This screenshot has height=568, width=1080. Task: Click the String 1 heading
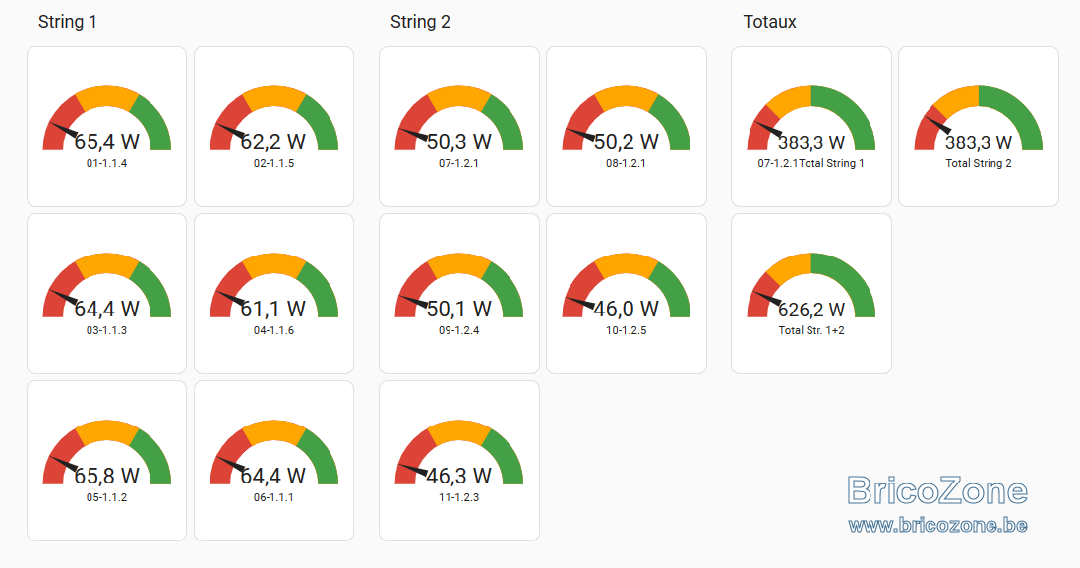tap(68, 22)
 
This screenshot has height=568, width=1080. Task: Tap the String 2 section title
tap(420, 22)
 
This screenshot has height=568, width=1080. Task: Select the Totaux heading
tap(769, 22)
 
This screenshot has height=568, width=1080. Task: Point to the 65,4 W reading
tap(107, 142)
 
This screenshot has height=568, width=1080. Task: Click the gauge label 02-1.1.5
tap(274, 164)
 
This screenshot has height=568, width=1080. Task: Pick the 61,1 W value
tap(273, 310)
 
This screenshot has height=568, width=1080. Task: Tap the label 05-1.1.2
tap(107, 498)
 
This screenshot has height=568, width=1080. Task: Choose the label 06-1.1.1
tap(273, 498)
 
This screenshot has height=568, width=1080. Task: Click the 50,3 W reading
tap(458, 142)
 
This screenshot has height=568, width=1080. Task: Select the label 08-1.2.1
tap(627, 164)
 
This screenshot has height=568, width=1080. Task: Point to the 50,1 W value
tap(458, 310)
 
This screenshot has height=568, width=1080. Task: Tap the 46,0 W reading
tap(627, 310)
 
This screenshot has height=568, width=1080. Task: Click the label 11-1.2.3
tap(458, 498)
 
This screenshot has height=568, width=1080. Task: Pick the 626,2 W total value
tap(811, 310)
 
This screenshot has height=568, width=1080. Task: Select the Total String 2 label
tap(979, 164)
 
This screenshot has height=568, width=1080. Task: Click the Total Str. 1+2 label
tap(811, 330)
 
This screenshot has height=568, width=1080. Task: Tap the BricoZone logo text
tap(937, 491)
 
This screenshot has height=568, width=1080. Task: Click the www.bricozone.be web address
tap(938, 526)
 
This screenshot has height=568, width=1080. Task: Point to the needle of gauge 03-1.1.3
tap(63, 299)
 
